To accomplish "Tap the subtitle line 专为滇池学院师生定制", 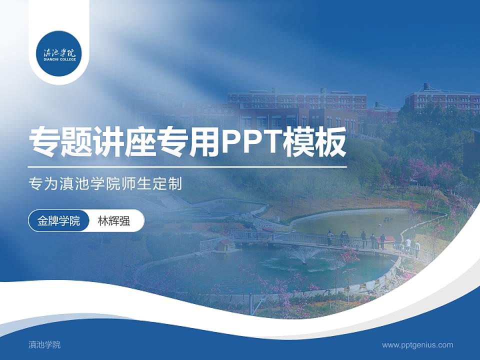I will (105, 183).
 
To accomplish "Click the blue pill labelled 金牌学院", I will (58, 221).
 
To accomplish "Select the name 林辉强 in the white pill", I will (114, 221).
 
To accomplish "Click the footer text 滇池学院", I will (44, 344).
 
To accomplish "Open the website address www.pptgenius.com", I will (417, 344).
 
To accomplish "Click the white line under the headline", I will (187, 167).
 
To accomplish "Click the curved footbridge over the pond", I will (320, 240).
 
